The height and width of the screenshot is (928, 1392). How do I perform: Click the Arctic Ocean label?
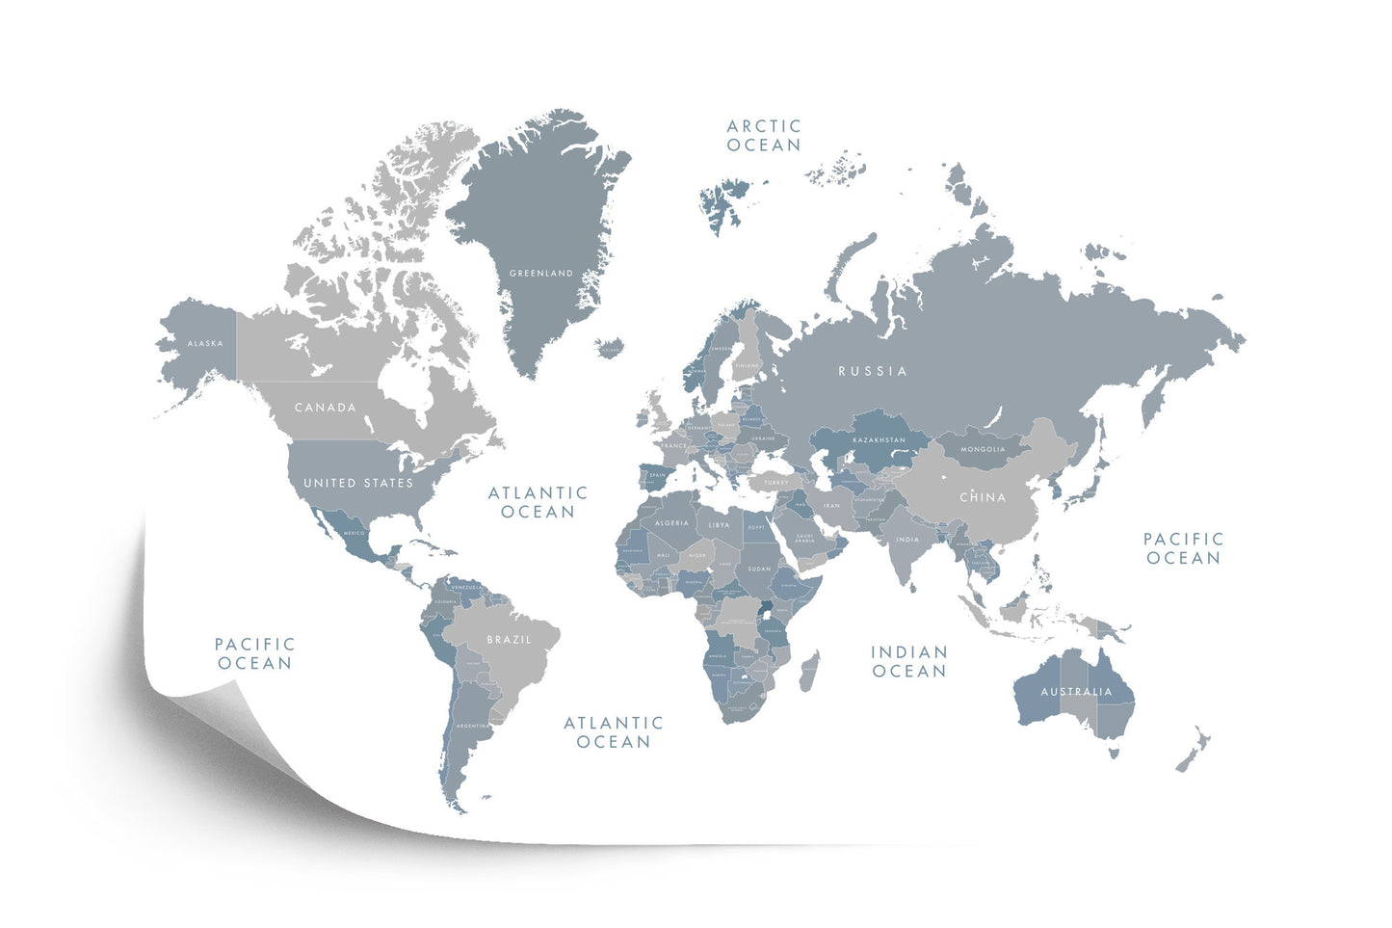coord(763,135)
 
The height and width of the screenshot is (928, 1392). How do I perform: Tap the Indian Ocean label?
coord(908,661)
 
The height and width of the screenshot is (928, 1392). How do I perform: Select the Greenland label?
coord(540,274)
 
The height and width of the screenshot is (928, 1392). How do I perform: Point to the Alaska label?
coord(205,343)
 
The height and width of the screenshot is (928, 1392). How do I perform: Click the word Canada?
coord(326,408)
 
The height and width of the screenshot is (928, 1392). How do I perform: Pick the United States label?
coord(358,483)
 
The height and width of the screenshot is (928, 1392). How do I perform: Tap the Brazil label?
coord(509,640)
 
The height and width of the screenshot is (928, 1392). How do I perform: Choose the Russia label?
coord(873,371)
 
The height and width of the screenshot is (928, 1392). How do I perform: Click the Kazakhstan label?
coord(878,440)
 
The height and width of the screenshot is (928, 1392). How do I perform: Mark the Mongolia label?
coord(983,449)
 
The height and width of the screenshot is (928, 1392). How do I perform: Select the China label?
coord(983,497)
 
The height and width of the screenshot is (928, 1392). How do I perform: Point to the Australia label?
coord(1076,692)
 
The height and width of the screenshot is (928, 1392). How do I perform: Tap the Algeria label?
coord(671,523)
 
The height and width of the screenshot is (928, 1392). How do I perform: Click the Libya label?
coord(719,525)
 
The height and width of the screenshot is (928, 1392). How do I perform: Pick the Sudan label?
coord(759,569)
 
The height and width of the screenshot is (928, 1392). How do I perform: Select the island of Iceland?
coord(609,346)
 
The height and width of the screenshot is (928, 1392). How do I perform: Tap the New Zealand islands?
coord(1193,750)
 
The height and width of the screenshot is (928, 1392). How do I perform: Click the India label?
coord(907,540)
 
